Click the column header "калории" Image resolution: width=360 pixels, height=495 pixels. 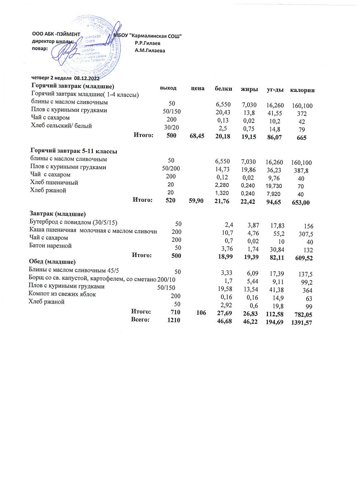[x=303, y=90]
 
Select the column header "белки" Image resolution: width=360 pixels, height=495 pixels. [x=224, y=89]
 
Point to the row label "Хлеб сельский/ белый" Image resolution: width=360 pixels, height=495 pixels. [x=61, y=125]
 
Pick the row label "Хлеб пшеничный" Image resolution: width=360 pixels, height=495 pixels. [x=54, y=182]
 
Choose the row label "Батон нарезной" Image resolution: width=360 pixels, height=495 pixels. [x=51, y=246]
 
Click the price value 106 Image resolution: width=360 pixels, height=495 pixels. [x=201, y=313]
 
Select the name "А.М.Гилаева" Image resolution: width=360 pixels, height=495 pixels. [x=150, y=50]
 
